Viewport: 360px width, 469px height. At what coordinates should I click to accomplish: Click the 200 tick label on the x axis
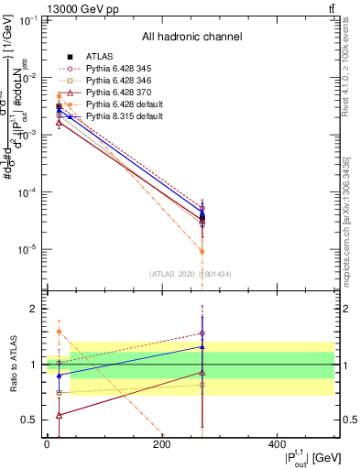point(162,444)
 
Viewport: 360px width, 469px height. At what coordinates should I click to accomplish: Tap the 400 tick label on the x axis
point(278,444)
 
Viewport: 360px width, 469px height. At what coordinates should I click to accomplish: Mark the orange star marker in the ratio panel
point(60,332)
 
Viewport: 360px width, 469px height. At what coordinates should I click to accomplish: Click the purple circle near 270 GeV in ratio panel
point(202,333)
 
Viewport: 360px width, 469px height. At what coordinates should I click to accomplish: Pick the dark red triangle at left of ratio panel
point(60,415)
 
